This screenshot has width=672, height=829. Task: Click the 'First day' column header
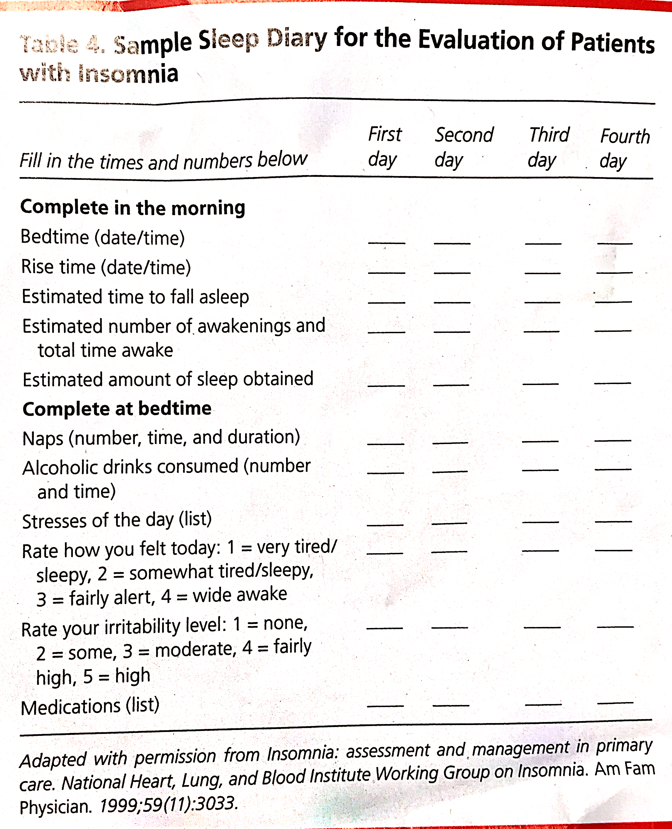(x=384, y=147)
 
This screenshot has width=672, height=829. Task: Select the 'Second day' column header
(x=463, y=147)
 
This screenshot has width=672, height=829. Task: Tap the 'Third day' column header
(x=548, y=147)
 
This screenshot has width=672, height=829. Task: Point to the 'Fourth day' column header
(x=624, y=149)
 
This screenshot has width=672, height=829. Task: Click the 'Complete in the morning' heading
(x=133, y=208)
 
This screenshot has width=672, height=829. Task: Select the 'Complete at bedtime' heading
(x=117, y=409)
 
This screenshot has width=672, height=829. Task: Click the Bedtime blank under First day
(x=386, y=242)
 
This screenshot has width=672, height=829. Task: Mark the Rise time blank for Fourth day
(x=614, y=272)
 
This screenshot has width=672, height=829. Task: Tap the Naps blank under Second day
(x=450, y=442)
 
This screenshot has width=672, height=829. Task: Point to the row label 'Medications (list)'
(x=90, y=707)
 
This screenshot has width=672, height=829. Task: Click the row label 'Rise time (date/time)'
(x=106, y=267)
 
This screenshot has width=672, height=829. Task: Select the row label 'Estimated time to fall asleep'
(x=136, y=297)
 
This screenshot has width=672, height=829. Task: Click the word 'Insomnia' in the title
(x=128, y=73)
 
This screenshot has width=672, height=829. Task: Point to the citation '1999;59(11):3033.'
(x=168, y=805)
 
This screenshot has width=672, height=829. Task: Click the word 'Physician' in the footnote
(x=56, y=807)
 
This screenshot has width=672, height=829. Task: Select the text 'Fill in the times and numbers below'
(x=163, y=161)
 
